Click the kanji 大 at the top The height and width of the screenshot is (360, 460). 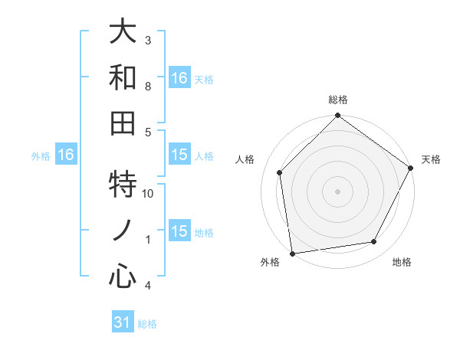coord(123,32)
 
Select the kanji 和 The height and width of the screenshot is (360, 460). coord(123,77)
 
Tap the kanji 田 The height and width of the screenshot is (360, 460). coord(123,123)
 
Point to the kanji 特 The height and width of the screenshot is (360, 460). coord(123,185)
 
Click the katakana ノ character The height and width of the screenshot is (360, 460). coord(123,231)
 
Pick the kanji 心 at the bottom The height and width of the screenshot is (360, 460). coord(123,277)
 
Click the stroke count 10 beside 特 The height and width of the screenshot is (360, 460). coord(149,194)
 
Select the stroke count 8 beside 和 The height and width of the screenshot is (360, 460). coord(148,86)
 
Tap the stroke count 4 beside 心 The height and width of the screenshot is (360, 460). coord(148,286)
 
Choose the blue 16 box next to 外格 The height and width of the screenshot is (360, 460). coord(65,155)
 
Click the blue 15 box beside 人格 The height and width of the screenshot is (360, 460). coord(179,155)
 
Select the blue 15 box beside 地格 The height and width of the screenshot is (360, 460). coord(179,232)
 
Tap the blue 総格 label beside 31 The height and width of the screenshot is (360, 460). coord(147,324)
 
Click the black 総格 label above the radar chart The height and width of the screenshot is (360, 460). coord(338,100)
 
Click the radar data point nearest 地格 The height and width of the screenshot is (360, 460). coord(374,242)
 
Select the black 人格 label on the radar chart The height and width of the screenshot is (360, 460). coord(245,159)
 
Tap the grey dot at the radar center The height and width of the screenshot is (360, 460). coord(338,191)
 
